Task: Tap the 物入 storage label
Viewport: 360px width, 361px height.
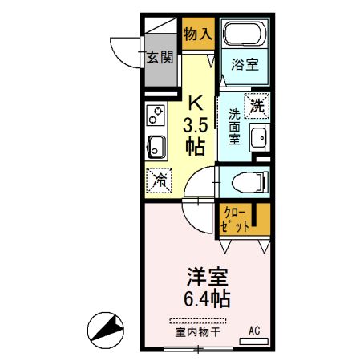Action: click(197, 34)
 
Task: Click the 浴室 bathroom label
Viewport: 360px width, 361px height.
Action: click(245, 65)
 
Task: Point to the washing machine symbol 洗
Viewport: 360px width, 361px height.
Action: click(257, 105)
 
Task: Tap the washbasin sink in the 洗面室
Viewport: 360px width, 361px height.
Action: click(259, 138)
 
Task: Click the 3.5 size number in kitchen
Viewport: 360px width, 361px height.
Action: click(195, 126)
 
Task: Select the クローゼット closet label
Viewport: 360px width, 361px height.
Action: click(235, 219)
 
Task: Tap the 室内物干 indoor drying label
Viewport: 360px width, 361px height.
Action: click(193, 331)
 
